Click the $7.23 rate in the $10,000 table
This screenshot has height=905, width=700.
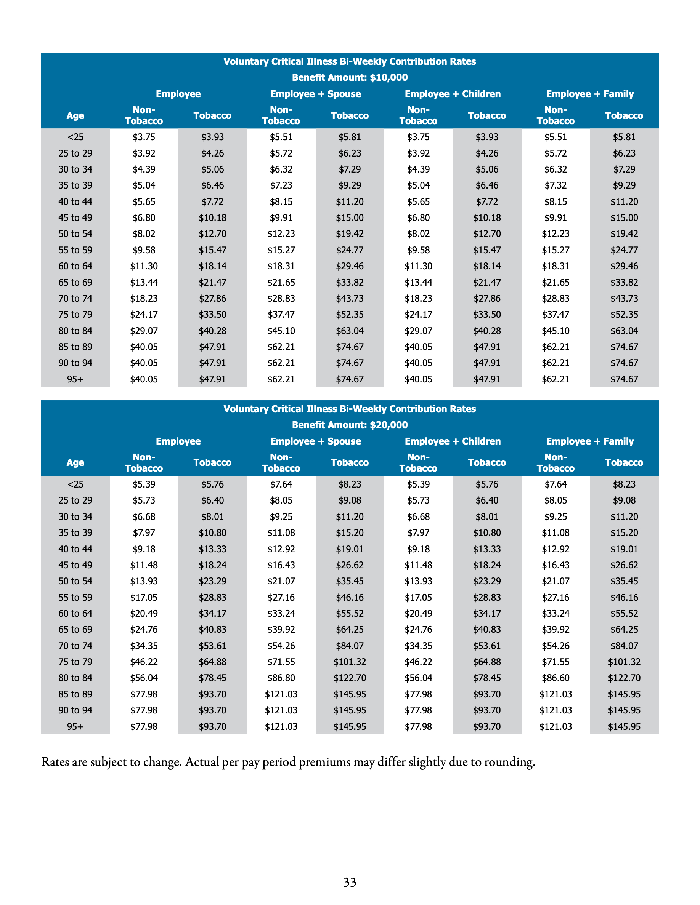281,185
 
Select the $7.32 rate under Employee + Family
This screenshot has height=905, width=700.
555,185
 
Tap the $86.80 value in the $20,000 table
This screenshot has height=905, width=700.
281,678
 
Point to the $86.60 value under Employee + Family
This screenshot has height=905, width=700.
555,678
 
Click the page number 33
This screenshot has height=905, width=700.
350,882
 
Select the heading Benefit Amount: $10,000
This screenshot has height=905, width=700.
350,77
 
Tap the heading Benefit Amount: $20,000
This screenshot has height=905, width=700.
350,425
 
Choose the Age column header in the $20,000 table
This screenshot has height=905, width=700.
75,462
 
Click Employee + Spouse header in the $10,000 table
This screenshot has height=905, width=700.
315,94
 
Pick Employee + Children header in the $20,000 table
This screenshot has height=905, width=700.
453,441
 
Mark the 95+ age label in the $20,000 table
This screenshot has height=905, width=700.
75,726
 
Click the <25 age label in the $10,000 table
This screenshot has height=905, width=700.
75,137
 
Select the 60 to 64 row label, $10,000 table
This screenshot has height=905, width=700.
75,266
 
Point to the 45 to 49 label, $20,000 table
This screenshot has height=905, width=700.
75,565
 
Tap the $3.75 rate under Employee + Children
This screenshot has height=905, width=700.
418,137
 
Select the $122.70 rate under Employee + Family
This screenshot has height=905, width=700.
624,678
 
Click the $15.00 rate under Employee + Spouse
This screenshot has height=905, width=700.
350,217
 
